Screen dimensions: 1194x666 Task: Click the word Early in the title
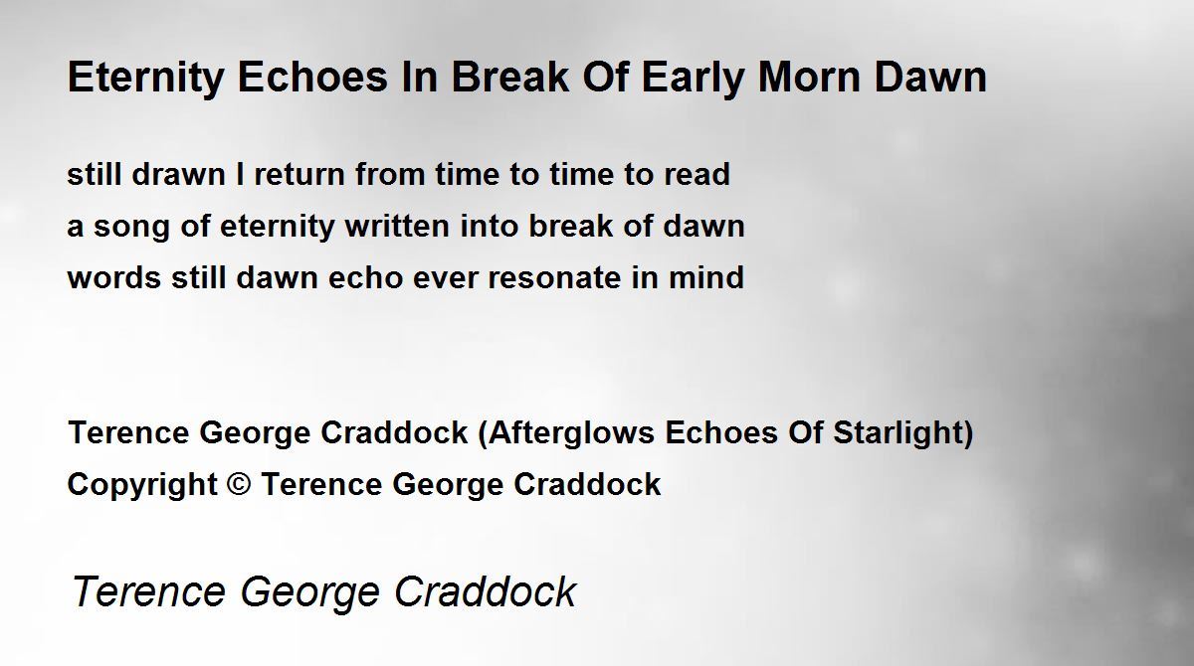click(x=693, y=79)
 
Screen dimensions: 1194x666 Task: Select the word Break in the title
click(x=510, y=78)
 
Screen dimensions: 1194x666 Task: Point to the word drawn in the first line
click(x=178, y=174)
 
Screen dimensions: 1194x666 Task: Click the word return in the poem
click(x=299, y=175)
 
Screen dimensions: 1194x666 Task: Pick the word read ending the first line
click(x=696, y=174)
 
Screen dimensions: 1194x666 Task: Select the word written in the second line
click(x=397, y=226)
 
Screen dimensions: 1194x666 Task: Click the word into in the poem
click(x=489, y=226)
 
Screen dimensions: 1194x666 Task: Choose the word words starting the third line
click(x=114, y=277)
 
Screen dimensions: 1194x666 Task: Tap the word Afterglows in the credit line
click(x=571, y=432)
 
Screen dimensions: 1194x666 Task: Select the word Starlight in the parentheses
click(x=898, y=432)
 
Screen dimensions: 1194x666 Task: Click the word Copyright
click(x=142, y=485)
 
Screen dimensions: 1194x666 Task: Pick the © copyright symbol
click(x=238, y=484)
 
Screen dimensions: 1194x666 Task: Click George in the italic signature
click(x=309, y=593)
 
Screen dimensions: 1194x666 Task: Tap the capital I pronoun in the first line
click(x=240, y=174)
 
